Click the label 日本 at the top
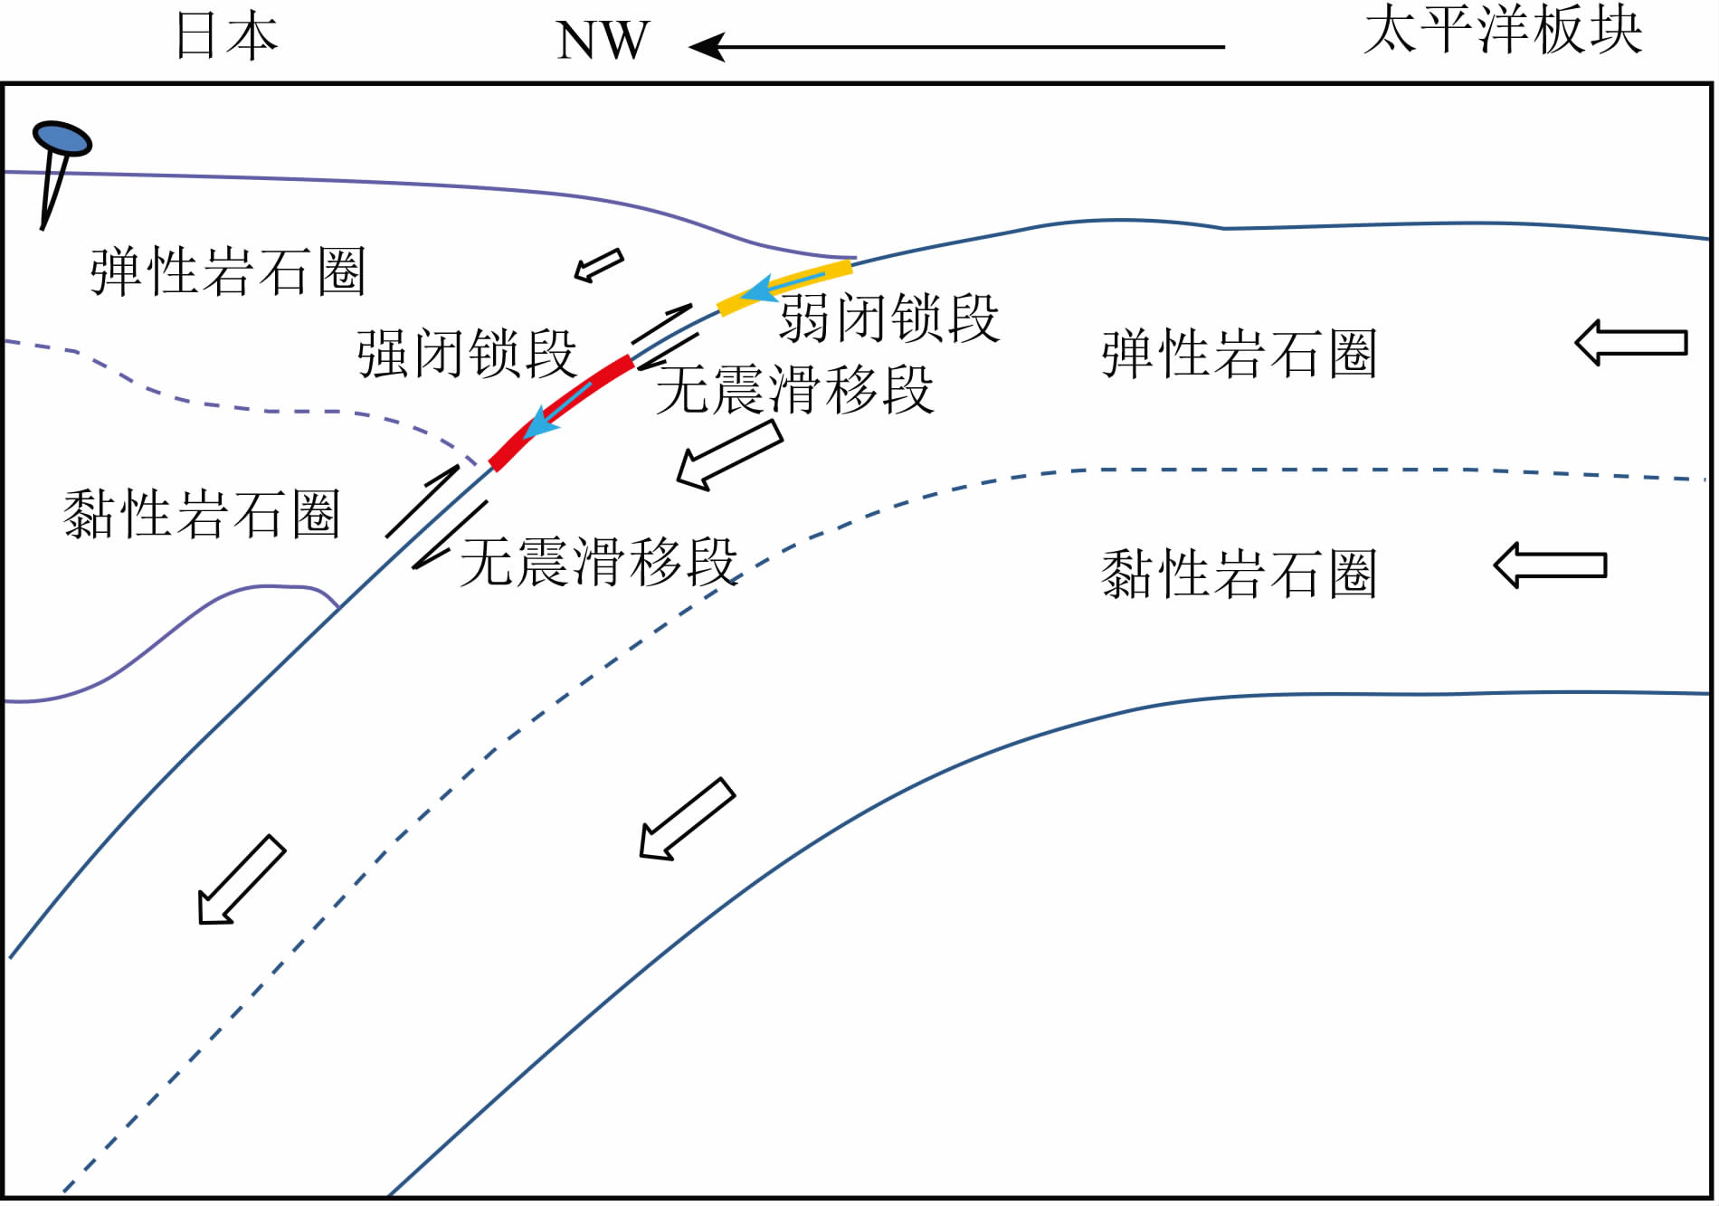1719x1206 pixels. tap(226, 37)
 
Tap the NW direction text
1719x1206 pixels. tap(603, 41)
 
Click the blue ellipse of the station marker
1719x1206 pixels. tap(62, 138)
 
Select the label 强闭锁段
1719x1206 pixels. tap(467, 353)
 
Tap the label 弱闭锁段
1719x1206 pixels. tap(889, 318)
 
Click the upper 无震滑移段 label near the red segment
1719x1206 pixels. tap(794, 390)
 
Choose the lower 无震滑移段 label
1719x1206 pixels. tap(599, 562)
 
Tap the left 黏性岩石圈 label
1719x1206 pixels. tap(202, 514)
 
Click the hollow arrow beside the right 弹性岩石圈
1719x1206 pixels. tap(1630, 343)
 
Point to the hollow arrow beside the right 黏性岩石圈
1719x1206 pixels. tap(1550, 565)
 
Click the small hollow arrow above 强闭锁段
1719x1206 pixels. tap(599, 265)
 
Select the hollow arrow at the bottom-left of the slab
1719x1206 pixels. tap(241, 880)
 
